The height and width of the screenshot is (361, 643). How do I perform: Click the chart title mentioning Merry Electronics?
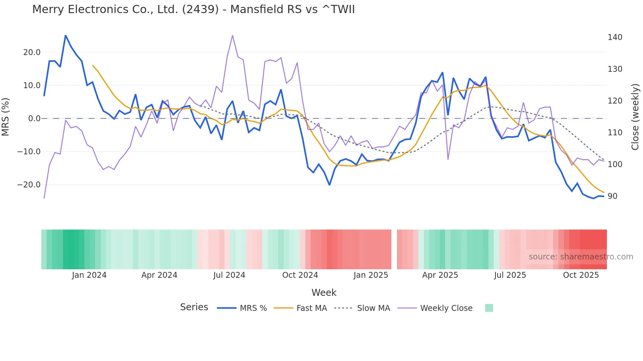point(193,9)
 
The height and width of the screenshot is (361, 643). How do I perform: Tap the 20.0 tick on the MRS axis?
point(32,52)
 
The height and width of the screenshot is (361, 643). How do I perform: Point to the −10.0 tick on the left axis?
point(29,152)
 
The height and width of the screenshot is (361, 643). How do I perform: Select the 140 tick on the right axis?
point(615,37)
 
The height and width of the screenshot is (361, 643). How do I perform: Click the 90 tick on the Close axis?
point(612,196)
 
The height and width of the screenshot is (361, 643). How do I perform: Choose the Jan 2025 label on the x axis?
point(371,275)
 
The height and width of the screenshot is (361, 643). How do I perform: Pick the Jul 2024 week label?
point(229,275)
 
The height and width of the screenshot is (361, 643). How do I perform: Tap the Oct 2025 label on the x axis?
point(581,275)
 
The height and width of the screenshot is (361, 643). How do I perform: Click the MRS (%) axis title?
point(6,117)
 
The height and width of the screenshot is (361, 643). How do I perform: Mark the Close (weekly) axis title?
point(635,117)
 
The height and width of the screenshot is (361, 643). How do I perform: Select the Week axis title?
point(324,293)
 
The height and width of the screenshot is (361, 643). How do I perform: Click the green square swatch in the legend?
point(489,308)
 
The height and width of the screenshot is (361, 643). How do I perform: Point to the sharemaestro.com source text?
point(581,257)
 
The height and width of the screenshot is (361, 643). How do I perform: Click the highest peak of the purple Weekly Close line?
point(233,35)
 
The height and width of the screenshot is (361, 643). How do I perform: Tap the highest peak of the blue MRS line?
point(66,35)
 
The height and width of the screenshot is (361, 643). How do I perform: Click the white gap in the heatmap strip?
point(394,249)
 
